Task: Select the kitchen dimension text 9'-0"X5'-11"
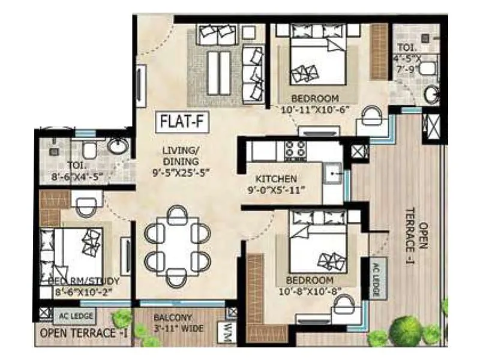pyautogui.click(x=277, y=191)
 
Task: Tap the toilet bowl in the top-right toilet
pyautogui.click(x=428, y=68)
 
